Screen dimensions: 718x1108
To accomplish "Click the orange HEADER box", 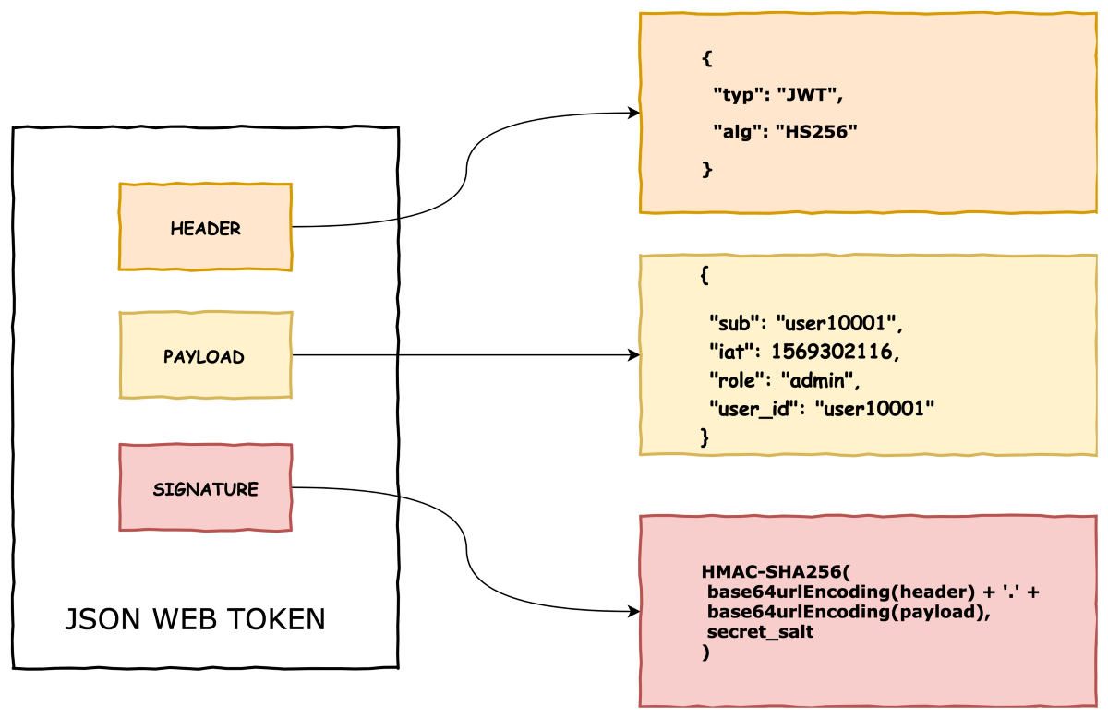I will [205, 227].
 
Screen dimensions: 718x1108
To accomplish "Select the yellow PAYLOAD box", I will [205, 355].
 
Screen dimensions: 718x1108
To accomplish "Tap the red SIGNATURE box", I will [205, 488].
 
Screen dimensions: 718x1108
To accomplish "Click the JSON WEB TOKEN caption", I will [195, 619].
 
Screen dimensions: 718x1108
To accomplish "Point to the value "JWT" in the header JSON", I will [809, 94].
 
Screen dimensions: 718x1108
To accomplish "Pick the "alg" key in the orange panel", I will [737, 132].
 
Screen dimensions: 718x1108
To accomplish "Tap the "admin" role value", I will [820, 379].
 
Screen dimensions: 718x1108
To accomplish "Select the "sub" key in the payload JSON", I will [734, 323].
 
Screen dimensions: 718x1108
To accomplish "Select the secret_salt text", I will [760, 632].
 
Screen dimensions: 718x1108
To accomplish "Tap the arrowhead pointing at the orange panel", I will [634, 113].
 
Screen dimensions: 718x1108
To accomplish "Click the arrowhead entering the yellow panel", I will [634, 355].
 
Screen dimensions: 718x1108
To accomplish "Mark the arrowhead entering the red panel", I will [634, 612].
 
